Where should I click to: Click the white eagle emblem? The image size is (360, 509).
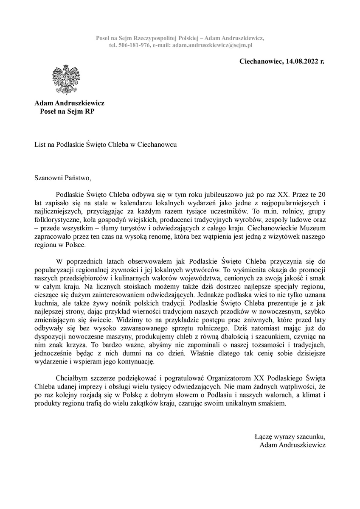pyautogui.click(x=66, y=80)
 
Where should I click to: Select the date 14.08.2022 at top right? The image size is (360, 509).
pyautogui.click(x=301, y=61)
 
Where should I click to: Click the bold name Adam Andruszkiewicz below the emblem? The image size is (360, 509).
pyautogui.click(x=69, y=103)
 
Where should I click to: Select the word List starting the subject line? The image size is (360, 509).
pyautogui.click(x=40, y=144)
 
